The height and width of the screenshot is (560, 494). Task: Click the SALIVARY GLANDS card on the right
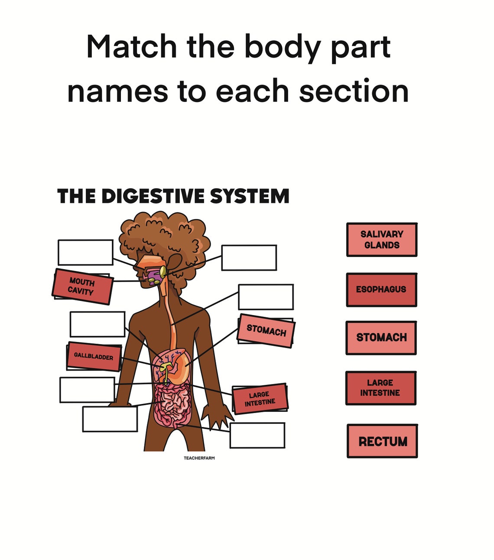[381, 240]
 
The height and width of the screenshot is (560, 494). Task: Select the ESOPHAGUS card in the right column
[381, 290]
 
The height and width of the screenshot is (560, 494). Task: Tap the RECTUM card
[382, 441]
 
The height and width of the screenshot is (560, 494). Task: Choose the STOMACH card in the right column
[381, 338]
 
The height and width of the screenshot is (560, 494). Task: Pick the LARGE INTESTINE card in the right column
[380, 388]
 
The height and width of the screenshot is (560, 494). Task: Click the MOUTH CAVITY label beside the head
[82, 287]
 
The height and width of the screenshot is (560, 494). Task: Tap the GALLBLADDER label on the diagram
[94, 356]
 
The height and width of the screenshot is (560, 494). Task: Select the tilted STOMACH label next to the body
[266, 331]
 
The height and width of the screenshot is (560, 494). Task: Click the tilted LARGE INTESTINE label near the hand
[260, 398]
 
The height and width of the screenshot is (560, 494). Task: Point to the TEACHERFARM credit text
[199, 458]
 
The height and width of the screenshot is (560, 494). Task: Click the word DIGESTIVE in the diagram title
[153, 196]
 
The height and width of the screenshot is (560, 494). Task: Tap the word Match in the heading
[131, 46]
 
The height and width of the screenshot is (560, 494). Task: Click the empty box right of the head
[249, 257]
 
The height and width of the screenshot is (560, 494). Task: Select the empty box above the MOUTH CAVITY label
[85, 252]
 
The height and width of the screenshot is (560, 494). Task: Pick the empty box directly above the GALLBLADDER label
[97, 324]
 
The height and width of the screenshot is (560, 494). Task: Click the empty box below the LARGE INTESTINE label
[257, 435]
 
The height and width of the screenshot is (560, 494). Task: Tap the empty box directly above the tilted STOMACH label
[266, 297]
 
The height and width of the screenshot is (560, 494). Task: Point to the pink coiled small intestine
[171, 405]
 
